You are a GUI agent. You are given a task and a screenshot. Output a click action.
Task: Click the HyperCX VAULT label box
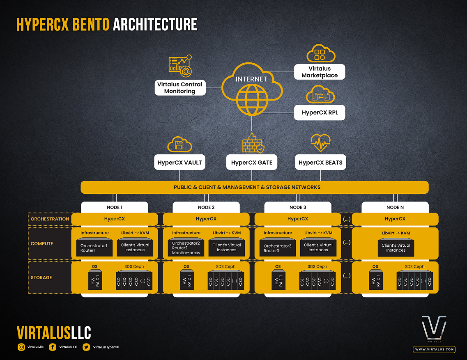pos(180,163)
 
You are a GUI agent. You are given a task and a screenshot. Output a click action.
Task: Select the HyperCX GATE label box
pos(251,163)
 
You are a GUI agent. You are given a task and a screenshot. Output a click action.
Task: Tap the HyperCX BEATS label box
pos(320,163)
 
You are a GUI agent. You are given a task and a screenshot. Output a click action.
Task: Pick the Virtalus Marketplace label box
pos(320,72)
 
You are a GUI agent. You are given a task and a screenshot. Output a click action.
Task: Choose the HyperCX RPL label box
pos(320,112)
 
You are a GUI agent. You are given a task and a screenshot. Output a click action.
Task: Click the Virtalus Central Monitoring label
pos(180,88)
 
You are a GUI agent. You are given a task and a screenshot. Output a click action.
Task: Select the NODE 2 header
pos(206,207)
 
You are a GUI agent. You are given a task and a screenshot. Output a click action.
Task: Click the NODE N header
pos(395,207)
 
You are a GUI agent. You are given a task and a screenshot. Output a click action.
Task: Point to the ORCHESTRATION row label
pos(50,219)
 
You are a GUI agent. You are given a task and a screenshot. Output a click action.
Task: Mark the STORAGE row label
pos(41,277)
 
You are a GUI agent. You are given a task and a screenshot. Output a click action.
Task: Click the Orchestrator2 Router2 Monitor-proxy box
pos(186,248)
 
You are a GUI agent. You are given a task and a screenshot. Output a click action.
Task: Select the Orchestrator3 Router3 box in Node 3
pos(278,248)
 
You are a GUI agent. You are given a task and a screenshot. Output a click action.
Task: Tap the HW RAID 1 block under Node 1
pos(95,280)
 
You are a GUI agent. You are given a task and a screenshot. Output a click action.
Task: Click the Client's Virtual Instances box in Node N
pos(396,248)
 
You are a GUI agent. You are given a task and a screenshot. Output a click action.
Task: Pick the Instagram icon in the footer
pos(21,347)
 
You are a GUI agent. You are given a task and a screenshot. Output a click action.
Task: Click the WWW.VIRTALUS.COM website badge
pos(434,349)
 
